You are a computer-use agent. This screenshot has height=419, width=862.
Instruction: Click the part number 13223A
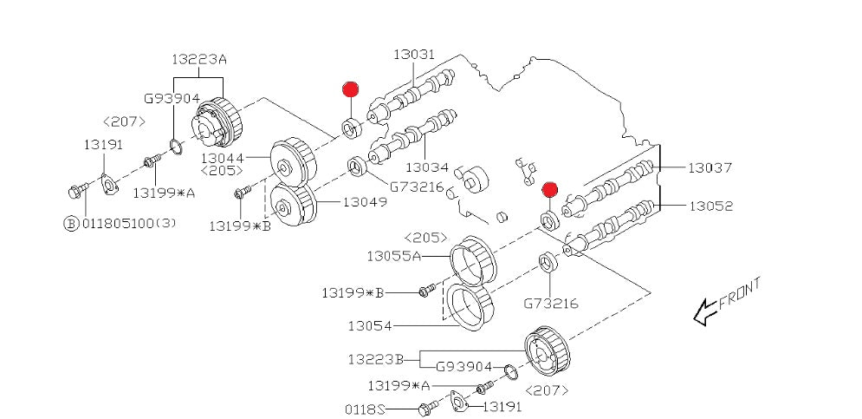pos(198,58)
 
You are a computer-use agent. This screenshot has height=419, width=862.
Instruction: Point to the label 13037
pos(710,167)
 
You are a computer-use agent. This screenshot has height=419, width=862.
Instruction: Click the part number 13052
pos(710,206)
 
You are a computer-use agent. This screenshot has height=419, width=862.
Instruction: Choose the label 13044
pos(223,159)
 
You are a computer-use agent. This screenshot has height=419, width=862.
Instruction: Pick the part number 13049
pos(364,202)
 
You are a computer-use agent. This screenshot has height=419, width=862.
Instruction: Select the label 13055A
pos(393,256)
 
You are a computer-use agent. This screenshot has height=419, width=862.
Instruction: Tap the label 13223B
pos(376,358)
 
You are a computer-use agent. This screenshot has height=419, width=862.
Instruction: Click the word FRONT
pos(741,292)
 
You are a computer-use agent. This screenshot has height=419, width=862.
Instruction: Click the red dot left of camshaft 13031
pos(350,89)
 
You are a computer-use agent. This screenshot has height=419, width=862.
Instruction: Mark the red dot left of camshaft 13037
pos(548,188)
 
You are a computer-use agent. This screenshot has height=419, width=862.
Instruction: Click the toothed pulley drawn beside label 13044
pos(293,159)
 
